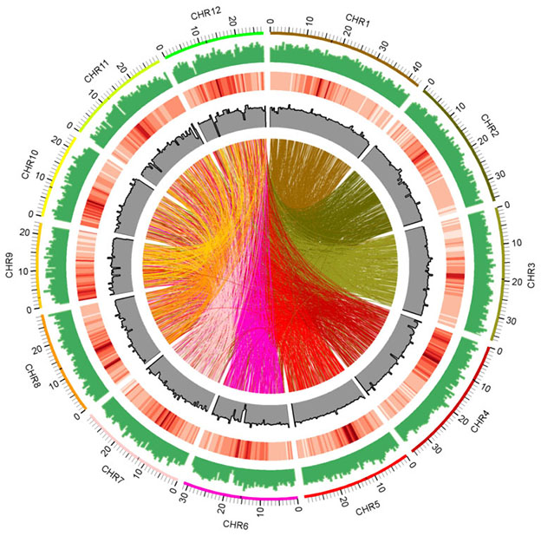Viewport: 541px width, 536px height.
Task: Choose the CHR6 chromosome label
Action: point(237,525)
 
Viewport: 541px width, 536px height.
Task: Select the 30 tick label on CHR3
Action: point(509,321)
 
